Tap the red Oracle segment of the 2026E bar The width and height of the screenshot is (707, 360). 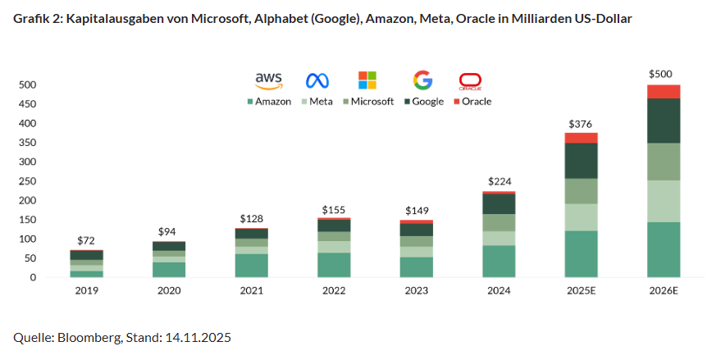(x=664, y=91)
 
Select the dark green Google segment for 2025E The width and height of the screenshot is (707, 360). (x=581, y=161)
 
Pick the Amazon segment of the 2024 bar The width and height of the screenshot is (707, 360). (x=498, y=261)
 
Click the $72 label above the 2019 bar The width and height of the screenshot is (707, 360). (x=86, y=240)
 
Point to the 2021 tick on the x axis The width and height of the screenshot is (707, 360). (x=251, y=291)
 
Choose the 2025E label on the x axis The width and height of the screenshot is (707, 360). (x=581, y=291)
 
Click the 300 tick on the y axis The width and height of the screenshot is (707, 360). (x=28, y=162)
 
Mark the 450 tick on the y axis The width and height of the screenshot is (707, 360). (x=28, y=104)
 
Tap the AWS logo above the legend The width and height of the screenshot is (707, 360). (x=268, y=80)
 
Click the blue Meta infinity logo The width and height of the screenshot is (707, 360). (x=317, y=80)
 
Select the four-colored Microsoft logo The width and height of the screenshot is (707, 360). (x=367, y=80)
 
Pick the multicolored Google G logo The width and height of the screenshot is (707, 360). (x=422, y=80)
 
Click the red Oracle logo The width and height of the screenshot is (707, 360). (x=470, y=80)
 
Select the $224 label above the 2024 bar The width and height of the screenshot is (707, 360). (x=499, y=181)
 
